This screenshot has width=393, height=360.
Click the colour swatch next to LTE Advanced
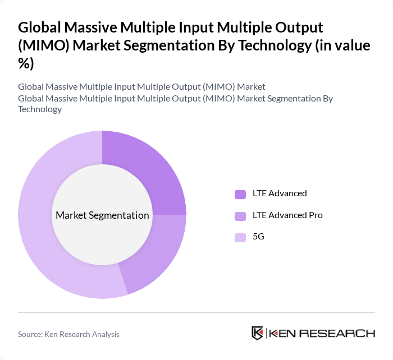click(240, 194)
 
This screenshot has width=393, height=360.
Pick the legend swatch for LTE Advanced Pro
click(240, 216)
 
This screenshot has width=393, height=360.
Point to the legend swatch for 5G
click(240, 237)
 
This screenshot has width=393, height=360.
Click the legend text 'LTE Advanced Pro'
click(287, 215)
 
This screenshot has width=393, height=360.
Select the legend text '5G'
click(258, 237)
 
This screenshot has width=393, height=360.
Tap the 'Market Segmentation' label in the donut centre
click(102, 215)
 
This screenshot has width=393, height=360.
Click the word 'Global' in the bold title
click(40, 27)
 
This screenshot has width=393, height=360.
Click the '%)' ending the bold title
click(26, 63)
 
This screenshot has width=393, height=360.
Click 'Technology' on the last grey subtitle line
click(39, 109)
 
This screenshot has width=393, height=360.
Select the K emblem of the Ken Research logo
click(258, 333)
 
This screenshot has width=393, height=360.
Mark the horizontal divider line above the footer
click(196, 312)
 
